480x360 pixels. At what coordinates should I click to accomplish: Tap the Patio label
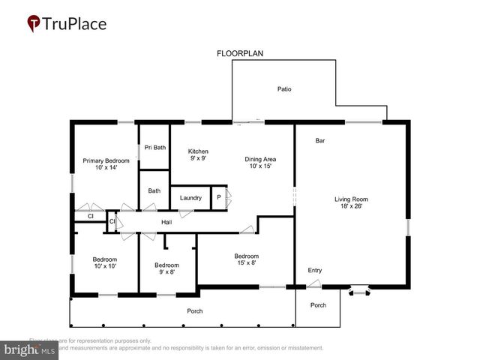(x=284, y=89)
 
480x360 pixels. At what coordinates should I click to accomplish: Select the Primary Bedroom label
(x=106, y=160)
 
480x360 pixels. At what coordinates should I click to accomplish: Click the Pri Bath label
(x=155, y=147)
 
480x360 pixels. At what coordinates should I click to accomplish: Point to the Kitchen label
(x=198, y=151)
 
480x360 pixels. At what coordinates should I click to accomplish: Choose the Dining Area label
(x=260, y=159)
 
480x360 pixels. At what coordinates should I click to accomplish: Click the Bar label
(x=319, y=140)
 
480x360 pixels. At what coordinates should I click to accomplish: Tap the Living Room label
(x=351, y=199)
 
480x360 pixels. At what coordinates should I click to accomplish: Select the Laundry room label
(x=190, y=198)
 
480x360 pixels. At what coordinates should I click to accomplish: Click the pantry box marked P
(x=218, y=198)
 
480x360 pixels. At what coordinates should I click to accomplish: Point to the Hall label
(x=166, y=222)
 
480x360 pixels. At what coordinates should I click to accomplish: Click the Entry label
(x=315, y=270)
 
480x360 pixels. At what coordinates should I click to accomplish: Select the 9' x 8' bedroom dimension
(x=166, y=271)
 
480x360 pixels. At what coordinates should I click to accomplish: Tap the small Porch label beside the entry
(x=318, y=305)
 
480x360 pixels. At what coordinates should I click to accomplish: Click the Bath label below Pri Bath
(x=154, y=191)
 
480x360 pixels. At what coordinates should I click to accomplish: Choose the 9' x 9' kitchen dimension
(x=198, y=158)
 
